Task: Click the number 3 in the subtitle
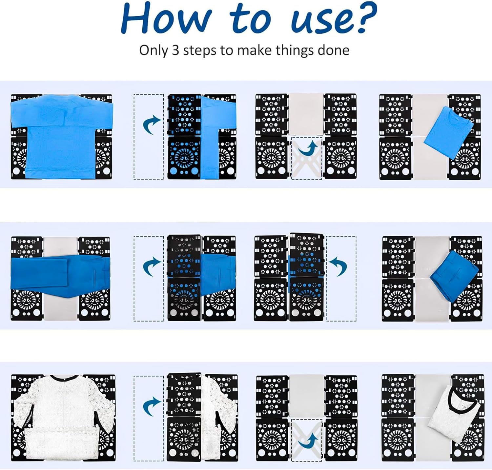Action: click(x=176, y=50)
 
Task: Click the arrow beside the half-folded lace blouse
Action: click(x=152, y=406)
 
